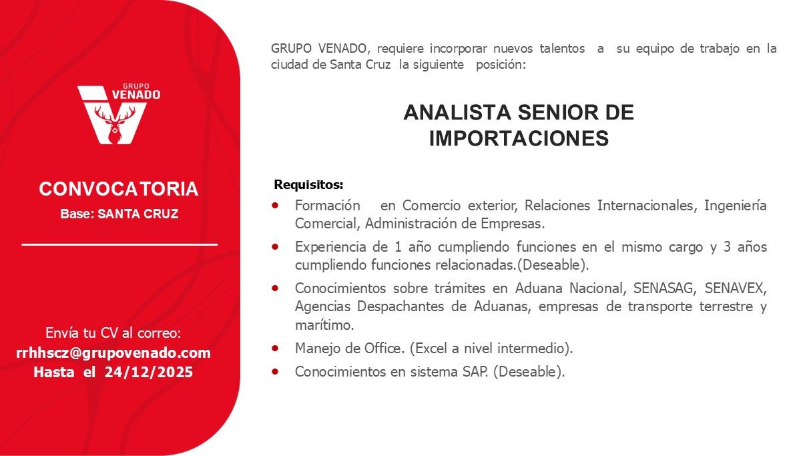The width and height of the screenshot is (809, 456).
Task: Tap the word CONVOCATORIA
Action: point(119,189)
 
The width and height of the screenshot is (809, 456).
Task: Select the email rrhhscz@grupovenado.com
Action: point(113,353)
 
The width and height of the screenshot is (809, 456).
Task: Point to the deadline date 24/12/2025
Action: point(148,373)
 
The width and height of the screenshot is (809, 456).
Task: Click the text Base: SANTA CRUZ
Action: point(119,215)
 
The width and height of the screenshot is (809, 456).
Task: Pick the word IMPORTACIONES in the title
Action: point(518,138)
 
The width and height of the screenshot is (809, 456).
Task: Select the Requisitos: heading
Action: point(308,184)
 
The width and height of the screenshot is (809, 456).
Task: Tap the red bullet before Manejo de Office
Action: point(276,347)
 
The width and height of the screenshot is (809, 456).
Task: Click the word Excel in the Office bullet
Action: point(437,348)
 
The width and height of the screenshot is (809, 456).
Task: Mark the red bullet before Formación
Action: point(276,205)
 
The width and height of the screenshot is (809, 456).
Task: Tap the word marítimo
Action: point(324,325)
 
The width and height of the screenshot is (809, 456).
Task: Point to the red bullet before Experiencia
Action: point(276,246)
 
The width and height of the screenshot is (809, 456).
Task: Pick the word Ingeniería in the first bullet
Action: point(735,206)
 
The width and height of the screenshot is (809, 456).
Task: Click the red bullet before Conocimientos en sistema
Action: point(276,372)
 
